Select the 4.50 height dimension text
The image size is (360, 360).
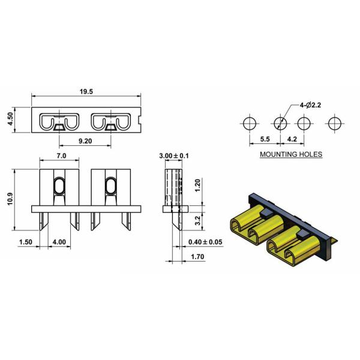[10, 120]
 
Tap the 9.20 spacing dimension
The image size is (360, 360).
[85, 142]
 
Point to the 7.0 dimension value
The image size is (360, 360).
[61, 155]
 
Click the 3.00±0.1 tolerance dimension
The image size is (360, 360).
[173, 155]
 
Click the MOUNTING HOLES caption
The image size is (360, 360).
[290, 154]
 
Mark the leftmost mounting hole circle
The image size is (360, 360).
[248, 123]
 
